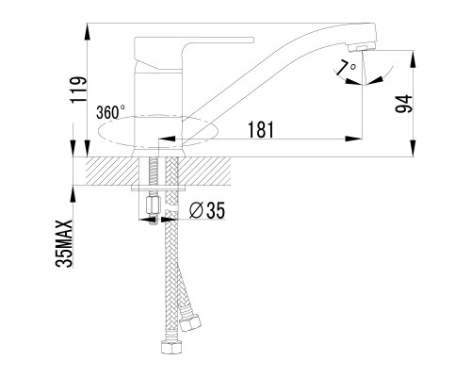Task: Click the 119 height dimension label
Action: [x=78, y=90]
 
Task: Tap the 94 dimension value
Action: [x=403, y=104]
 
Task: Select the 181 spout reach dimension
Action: [x=261, y=129]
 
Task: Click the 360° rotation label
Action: [x=110, y=112]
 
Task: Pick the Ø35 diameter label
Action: [x=207, y=210]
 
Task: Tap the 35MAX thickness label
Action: [x=64, y=243]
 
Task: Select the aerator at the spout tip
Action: [x=361, y=47]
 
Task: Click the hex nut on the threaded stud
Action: [x=153, y=205]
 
